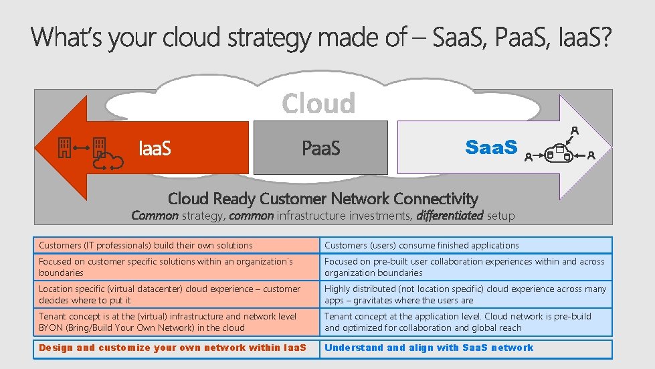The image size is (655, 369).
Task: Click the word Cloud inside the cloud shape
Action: pos(318,104)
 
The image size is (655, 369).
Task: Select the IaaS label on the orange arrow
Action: pos(154,147)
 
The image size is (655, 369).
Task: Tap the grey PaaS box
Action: pos(321,147)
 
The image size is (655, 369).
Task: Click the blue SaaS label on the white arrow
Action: pos(491,147)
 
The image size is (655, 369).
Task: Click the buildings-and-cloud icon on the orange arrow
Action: pos(90,151)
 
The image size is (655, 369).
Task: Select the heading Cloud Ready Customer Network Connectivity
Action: pos(322,198)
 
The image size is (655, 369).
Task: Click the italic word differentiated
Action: pos(449,216)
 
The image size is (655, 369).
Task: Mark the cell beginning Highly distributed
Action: pos(465,295)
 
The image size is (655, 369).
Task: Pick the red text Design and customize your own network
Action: pos(173,348)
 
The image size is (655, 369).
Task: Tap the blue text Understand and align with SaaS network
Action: pos(429,348)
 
